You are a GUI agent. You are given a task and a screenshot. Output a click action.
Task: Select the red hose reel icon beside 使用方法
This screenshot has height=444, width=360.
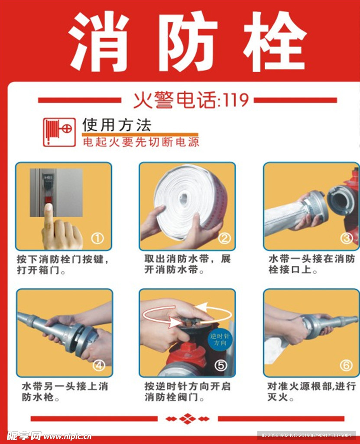(59, 132)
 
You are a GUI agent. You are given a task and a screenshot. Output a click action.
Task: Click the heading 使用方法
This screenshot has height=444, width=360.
(117, 125)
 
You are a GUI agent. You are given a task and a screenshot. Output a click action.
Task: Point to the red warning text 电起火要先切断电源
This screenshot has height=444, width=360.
(141, 142)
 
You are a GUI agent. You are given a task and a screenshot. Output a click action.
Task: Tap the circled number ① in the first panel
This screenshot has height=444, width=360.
(97, 238)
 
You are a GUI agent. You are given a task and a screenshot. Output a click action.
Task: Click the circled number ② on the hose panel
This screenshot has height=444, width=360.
(224, 238)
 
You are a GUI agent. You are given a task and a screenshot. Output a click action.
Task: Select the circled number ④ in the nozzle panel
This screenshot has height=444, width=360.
(98, 365)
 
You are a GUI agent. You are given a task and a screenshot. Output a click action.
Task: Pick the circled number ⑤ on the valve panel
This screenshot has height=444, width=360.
(221, 365)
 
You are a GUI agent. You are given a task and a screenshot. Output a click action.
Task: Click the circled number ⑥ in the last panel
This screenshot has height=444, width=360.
(346, 365)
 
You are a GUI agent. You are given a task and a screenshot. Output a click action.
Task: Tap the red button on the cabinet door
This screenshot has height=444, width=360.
(49, 200)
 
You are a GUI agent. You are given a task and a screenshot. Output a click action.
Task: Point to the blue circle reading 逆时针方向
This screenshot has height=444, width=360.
(220, 340)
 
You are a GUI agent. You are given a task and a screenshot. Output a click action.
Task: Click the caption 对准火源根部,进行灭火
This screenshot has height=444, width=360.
(312, 392)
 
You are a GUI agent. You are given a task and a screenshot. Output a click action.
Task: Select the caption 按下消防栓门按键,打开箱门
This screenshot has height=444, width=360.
(63, 264)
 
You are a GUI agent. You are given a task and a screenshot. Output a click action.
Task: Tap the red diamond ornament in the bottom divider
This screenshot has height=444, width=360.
(188, 419)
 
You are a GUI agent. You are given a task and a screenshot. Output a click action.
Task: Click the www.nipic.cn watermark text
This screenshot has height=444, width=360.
(68, 436)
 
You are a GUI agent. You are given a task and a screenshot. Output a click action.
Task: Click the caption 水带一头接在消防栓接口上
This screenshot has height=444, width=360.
(311, 264)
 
